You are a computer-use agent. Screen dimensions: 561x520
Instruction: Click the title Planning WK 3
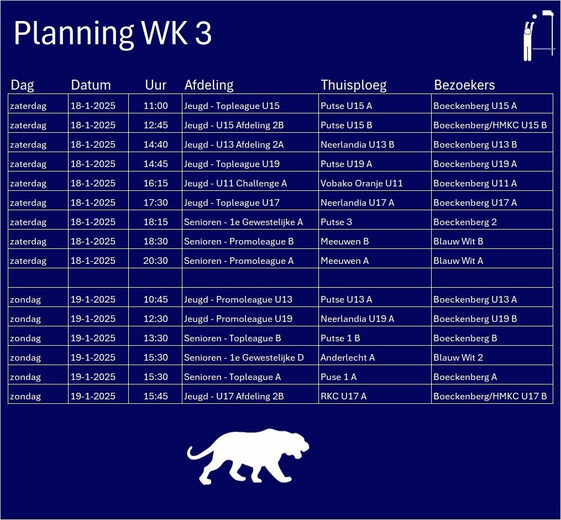point(113,33)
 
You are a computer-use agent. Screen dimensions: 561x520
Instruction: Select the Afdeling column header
point(209,85)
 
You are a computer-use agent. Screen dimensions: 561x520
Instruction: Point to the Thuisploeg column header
point(354,85)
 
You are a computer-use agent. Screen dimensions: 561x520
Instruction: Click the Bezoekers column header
point(464,85)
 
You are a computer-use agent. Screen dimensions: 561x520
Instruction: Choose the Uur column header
point(156,85)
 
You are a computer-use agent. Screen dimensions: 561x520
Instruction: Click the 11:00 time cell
point(156,106)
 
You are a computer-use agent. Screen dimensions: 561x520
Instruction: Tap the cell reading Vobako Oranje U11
point(375,183)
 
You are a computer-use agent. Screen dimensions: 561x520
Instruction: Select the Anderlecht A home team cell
point(375,357)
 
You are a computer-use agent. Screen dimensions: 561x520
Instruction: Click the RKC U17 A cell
point(375,396)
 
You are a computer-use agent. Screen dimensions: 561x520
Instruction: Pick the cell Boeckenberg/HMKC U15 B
point(492,125)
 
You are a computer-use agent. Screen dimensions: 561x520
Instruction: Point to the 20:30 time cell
point(156,261)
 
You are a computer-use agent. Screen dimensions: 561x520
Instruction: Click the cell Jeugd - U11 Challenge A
point(250,183)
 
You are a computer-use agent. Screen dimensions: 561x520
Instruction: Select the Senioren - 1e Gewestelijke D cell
point(250,357)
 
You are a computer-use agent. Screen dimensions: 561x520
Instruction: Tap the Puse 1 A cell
point(375,377)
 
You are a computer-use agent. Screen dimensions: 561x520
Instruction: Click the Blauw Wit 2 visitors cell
point(492,357)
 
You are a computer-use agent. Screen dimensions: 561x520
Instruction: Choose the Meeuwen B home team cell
point(375,241)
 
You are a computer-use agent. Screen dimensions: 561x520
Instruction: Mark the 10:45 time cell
point(156,299)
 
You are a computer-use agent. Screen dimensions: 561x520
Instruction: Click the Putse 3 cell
point(375,222)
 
